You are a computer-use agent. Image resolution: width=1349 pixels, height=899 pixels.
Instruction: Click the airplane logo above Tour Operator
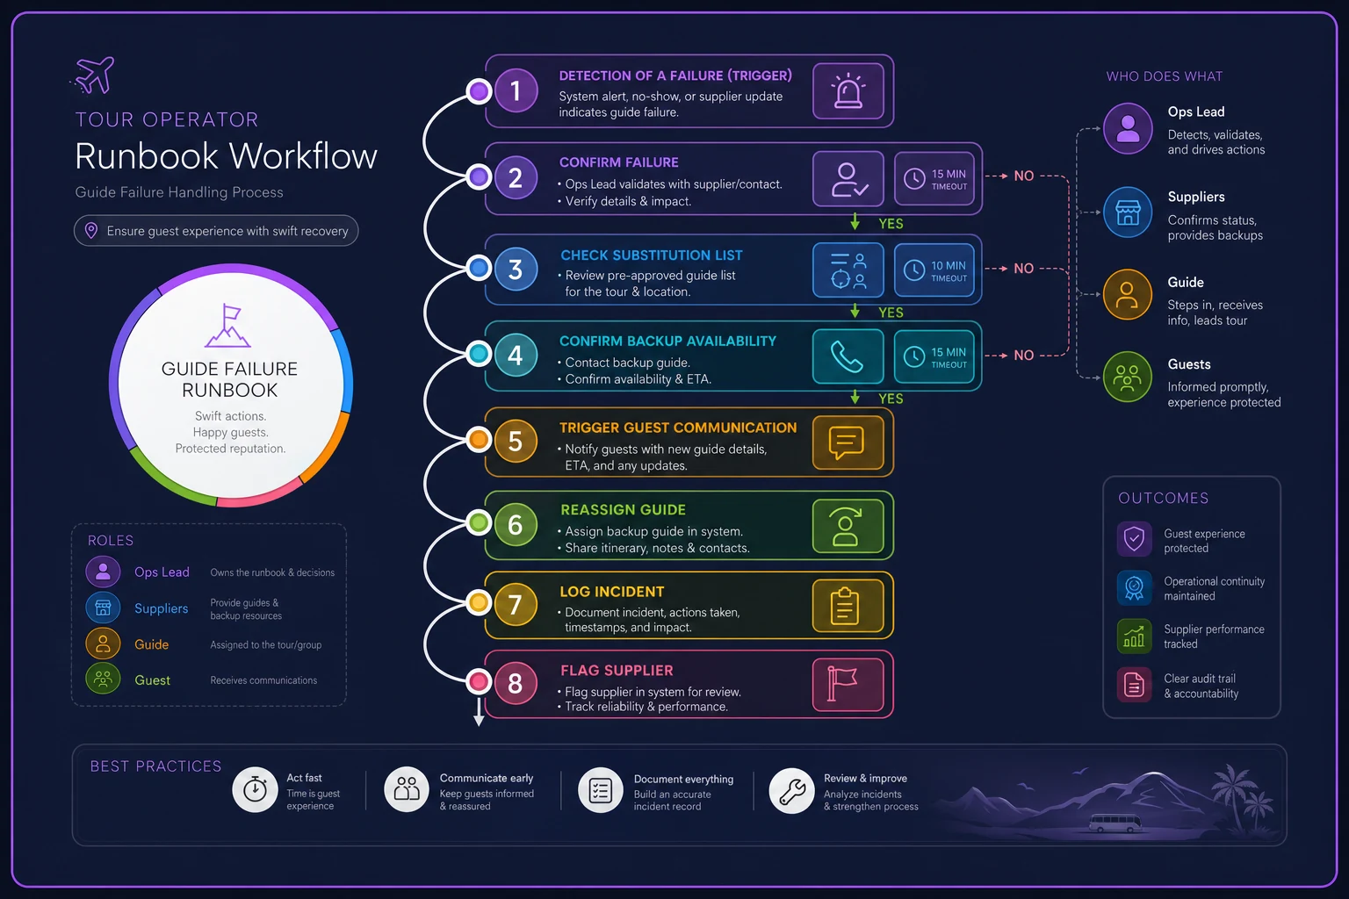pos(93,75)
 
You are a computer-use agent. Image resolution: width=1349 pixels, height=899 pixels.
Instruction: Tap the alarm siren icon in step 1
pos(848,91)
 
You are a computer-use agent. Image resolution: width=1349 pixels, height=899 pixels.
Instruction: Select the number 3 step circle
pos(516,270)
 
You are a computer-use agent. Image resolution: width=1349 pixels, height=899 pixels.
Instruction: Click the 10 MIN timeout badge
pos(934,270)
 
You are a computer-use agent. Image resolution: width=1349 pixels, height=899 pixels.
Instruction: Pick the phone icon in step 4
pos(847,356)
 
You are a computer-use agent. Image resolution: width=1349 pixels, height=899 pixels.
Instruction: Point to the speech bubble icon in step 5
pos(847,442)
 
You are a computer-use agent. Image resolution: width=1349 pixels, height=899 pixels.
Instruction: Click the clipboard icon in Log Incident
pos(844,605)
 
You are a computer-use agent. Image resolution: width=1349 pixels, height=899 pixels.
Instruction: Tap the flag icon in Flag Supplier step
pos(842,684)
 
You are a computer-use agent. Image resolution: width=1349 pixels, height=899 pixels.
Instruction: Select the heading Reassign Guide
pos(623,509)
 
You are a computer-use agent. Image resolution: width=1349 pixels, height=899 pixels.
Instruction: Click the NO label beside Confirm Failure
pos(1024,176)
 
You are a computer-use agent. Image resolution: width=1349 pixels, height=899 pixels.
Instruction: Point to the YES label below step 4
pos(891,399)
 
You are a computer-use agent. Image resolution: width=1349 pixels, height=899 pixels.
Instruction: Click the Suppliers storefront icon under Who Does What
pos(1128,212)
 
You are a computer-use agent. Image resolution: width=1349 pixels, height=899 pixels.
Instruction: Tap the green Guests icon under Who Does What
pos(1128,378)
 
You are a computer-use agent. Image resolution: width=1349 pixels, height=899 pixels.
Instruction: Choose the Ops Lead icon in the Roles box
pos(103,572)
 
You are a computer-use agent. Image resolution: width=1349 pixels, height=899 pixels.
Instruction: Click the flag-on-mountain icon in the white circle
pos(227,326)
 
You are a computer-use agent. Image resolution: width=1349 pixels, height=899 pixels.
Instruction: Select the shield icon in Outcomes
pos(1134,538)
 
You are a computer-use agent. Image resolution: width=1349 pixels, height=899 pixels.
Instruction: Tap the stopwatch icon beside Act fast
pos(255,788)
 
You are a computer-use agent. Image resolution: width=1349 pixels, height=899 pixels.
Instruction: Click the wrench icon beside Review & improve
pos(791,791)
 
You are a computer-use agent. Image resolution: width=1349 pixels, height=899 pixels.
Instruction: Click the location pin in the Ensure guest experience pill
pos(91,231)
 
